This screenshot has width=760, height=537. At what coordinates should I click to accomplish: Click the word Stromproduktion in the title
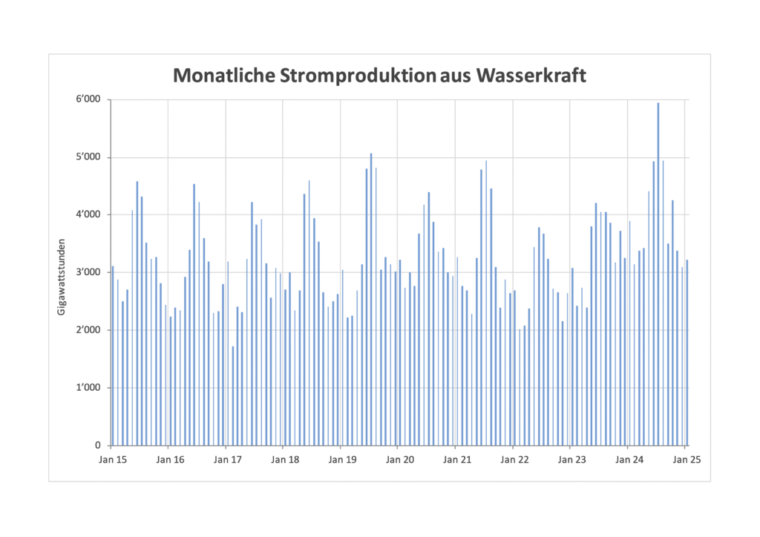pos(353,75)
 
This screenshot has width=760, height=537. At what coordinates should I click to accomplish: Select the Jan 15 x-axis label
pos(112,460)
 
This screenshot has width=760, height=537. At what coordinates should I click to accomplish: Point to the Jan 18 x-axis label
pos(284,460)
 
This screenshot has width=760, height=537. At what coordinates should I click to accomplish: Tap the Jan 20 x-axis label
pos(399,460)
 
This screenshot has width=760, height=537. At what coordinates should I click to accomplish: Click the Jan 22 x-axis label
pos(514,460)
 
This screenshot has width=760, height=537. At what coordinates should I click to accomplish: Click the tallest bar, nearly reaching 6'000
pos(658,274)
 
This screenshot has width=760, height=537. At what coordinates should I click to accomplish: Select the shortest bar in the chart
pos(233,396)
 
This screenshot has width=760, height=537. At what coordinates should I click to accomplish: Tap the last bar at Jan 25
pos(687,353)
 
